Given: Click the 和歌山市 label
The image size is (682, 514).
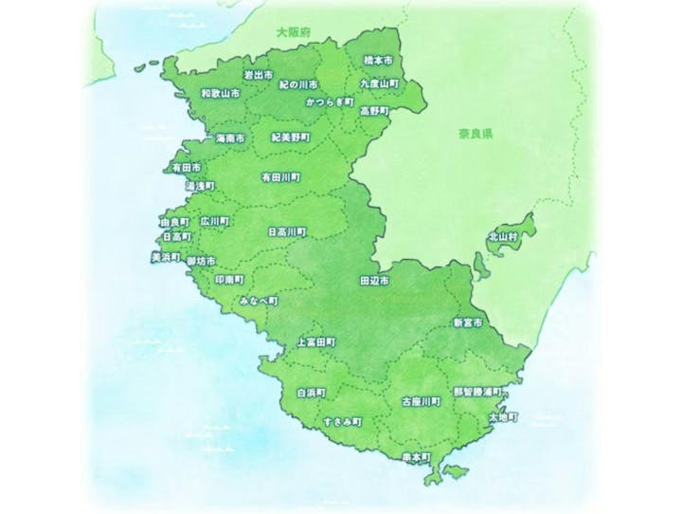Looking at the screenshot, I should point(220,95).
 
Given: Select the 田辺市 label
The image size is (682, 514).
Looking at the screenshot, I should point(375,282).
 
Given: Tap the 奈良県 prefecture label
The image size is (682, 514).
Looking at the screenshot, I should point(475,135).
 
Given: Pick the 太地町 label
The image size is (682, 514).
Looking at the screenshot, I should point(502,416).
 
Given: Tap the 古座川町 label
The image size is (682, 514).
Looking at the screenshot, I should point(422,401).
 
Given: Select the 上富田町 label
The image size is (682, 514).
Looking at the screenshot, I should point(315,341).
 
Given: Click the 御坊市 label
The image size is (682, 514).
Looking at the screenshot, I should point(201,260).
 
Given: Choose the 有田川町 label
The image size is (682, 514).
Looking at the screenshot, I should point(280,177).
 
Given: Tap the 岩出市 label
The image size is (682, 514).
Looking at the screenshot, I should point(258,74).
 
